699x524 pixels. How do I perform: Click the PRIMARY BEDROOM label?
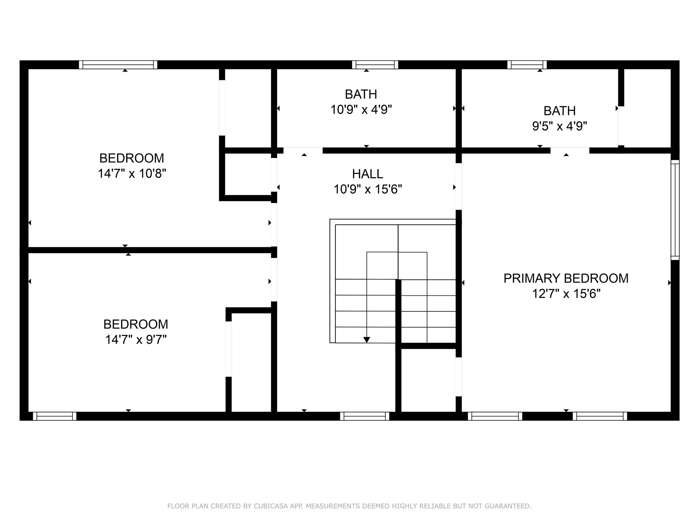pos(566,278)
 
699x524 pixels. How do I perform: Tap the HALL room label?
pos(367,174)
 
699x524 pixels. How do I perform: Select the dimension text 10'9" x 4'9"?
pos(361,110)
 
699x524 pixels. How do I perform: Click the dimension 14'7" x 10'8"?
pos(132,174)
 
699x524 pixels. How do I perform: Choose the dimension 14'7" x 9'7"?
pos(135,340)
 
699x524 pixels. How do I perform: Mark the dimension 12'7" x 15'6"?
pos(566,294)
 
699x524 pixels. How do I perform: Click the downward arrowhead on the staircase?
pos(367,340)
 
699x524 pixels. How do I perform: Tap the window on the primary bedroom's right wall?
pos(675,210)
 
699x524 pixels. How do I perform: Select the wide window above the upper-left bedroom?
pos(118,65)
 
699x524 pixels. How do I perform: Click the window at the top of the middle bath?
pos(375,65)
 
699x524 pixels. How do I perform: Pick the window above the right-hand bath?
pos(527,65)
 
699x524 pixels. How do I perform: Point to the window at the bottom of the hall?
pos(365,416)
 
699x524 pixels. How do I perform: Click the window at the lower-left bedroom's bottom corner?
pos(55,416)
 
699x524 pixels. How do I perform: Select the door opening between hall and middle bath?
pos(303,150)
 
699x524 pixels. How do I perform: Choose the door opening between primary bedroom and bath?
pos(570,150)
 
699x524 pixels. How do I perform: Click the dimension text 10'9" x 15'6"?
pos(367,189)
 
